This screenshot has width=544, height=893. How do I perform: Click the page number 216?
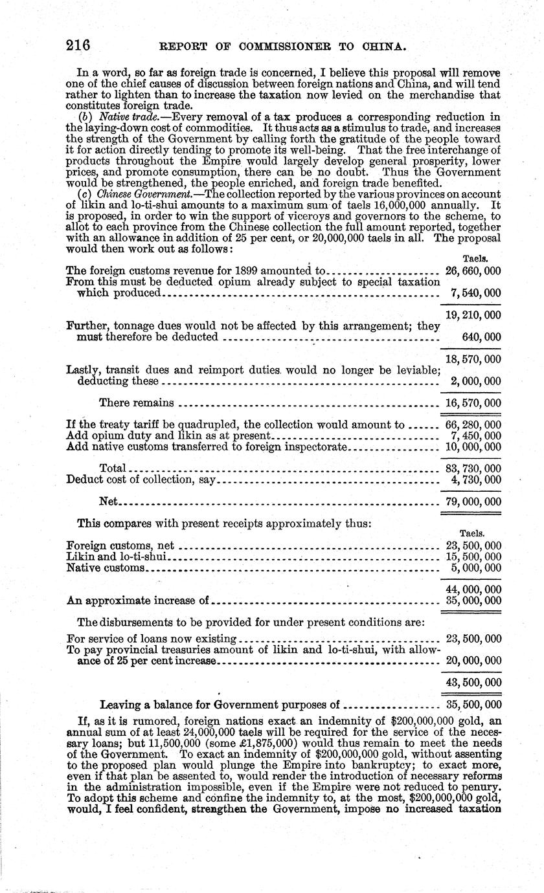pos(78,46)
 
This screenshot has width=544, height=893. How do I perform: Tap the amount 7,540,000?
pos(475,293)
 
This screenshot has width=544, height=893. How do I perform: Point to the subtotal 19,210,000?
pos(473,315)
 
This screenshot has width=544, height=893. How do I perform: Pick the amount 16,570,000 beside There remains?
pos(473,403)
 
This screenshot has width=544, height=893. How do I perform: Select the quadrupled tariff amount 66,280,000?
pos(473,425)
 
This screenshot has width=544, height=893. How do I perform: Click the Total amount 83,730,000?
pos(473,468)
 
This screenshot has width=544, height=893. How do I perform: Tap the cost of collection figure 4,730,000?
pos(475,480)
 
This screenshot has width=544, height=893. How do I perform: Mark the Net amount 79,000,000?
pos(473,502)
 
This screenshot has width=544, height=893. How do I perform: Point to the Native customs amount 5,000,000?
pos(475,568)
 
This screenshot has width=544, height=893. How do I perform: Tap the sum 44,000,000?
pos(473,590)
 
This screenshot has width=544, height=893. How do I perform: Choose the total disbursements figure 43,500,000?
pos(473,683)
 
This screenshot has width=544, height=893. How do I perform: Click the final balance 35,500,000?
pos(473,705)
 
